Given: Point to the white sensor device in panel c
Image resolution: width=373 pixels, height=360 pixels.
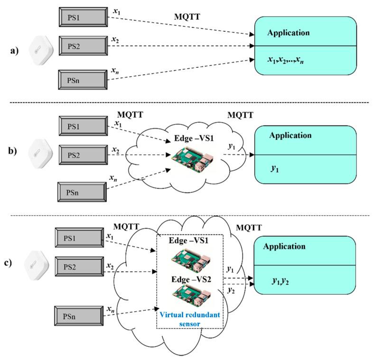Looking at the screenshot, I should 36,263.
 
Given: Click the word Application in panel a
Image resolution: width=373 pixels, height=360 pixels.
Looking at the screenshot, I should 289,33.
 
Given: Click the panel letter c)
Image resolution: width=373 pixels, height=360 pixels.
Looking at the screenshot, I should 13,263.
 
